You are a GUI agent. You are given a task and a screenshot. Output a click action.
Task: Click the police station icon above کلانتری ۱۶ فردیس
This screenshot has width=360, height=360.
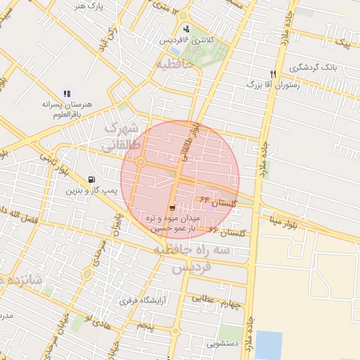[x=187, y=29]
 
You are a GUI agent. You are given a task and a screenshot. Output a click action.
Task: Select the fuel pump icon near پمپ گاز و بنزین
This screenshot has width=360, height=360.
[x=91, y=179]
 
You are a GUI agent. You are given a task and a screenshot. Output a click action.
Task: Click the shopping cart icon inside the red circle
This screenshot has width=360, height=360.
[x=173, y=208]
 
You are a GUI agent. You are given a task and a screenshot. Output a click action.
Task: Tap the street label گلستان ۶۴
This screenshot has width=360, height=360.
[x=219, y=202]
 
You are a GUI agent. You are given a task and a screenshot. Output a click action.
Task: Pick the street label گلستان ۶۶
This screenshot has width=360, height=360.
[x=227, y=232]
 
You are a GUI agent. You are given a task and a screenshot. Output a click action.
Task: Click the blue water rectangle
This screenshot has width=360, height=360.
[x=268, y=345]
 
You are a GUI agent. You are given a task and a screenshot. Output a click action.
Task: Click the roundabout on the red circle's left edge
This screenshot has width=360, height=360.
[x=141, y=162]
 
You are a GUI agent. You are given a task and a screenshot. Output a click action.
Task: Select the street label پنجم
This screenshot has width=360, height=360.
[x=146, y=326]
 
